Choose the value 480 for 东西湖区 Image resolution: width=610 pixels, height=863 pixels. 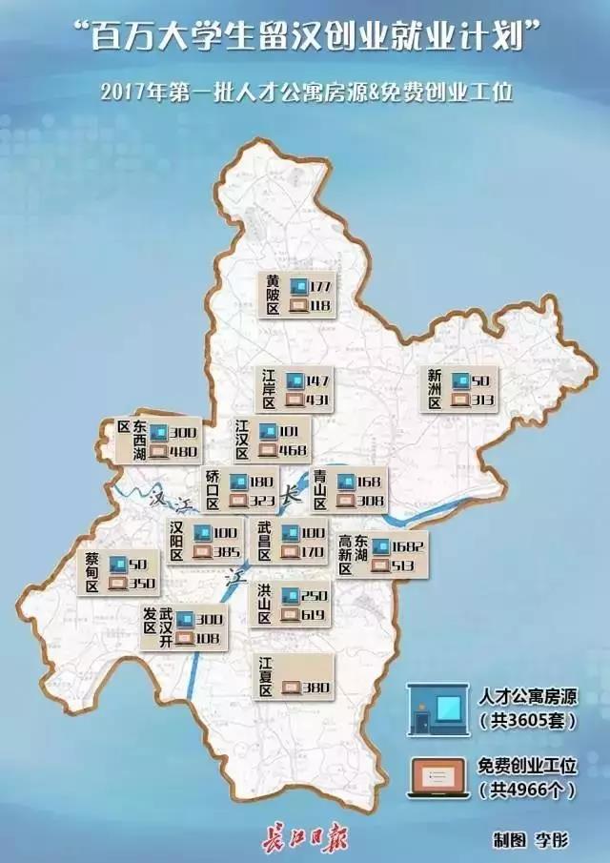(185, 452)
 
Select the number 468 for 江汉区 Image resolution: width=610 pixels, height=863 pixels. (295, 450)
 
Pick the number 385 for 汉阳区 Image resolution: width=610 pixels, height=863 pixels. (229, 551)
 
